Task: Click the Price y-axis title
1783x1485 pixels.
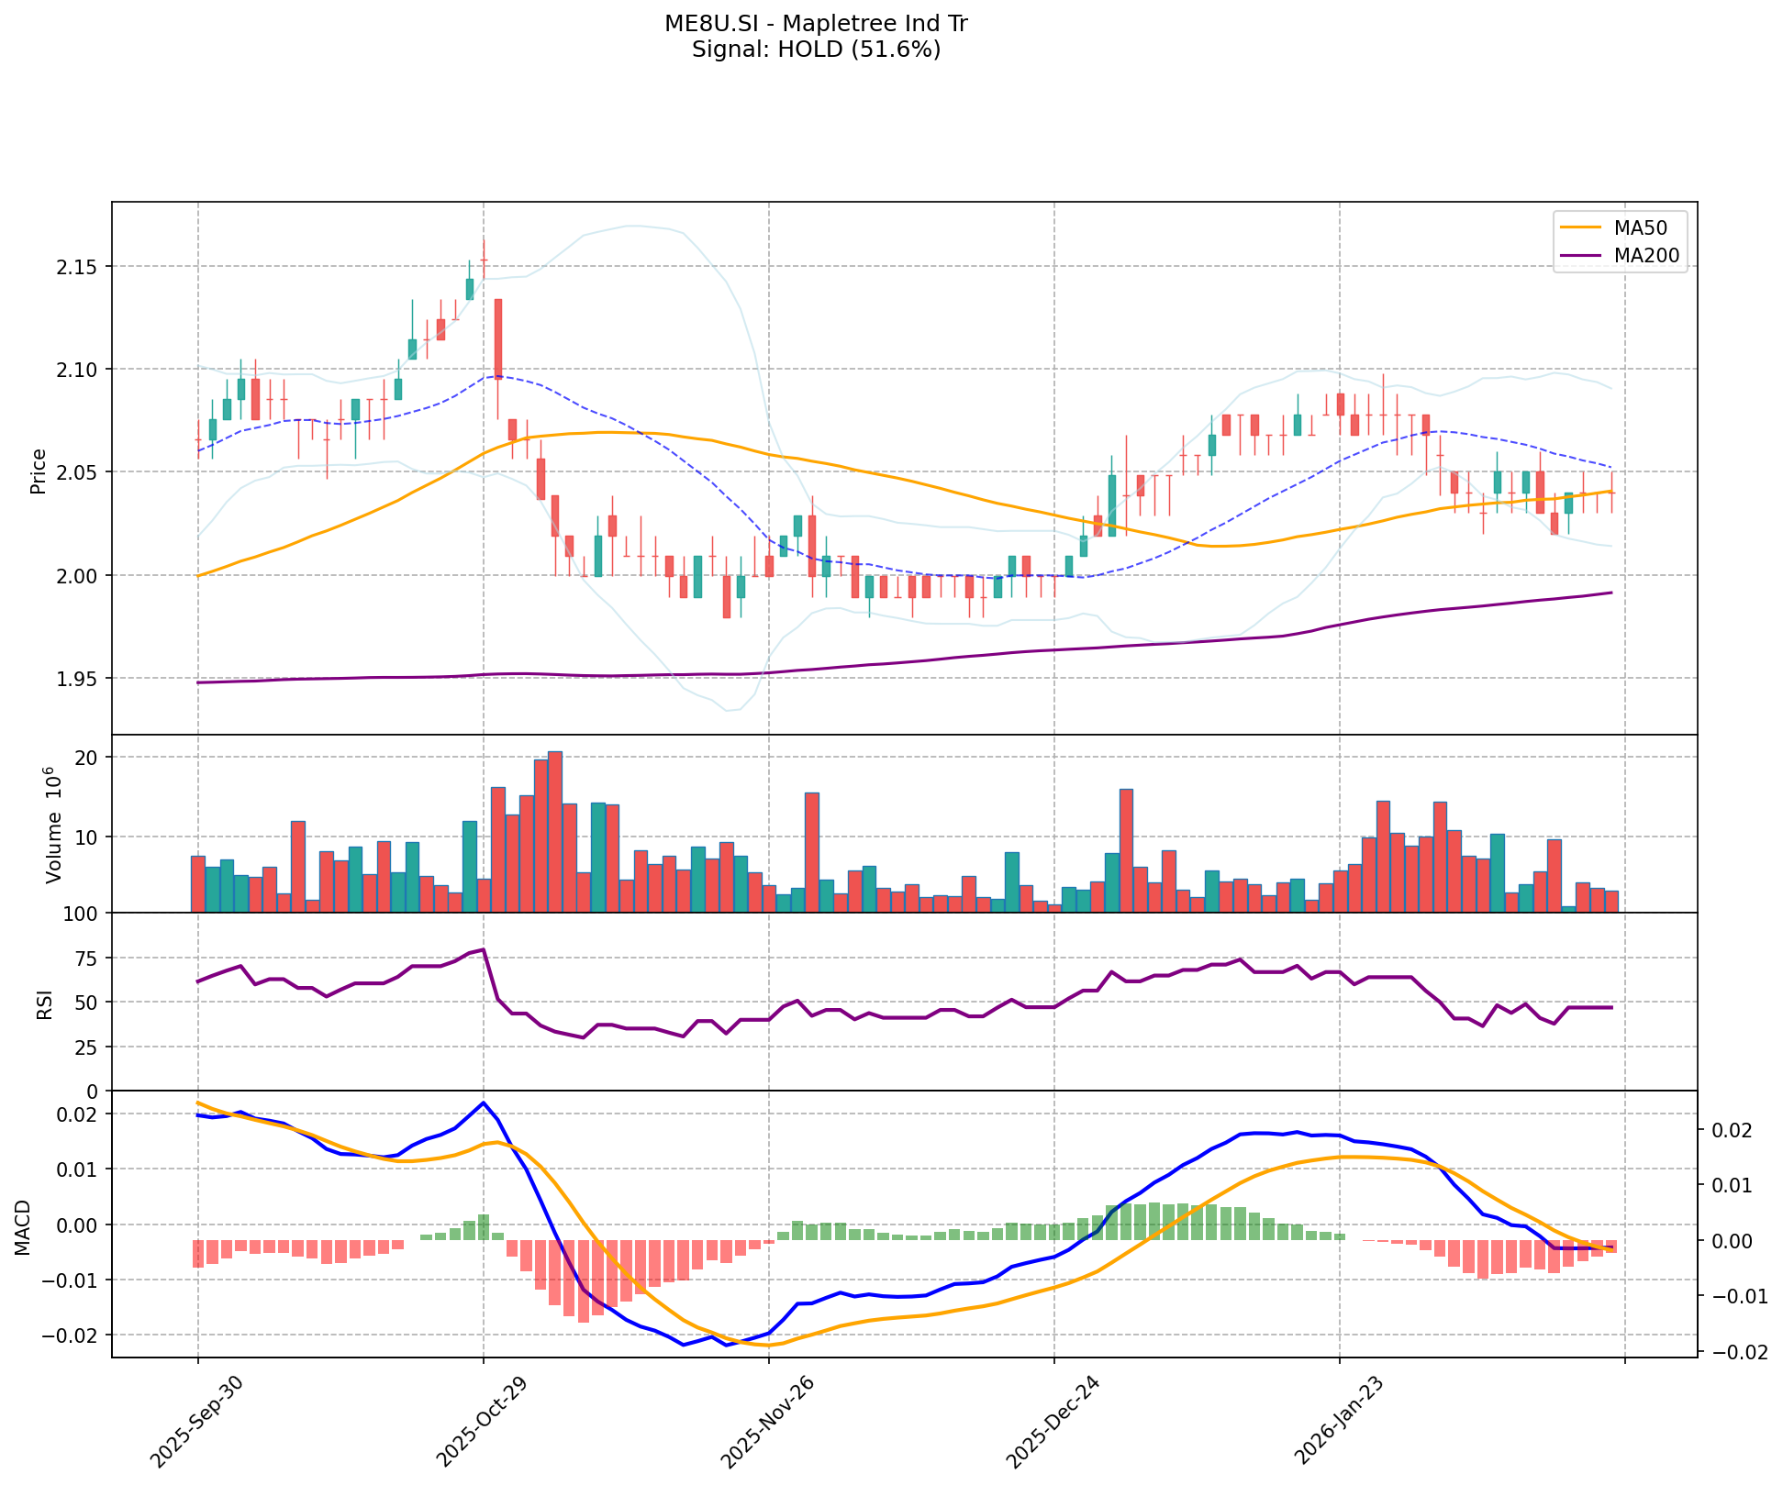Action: (39, 471)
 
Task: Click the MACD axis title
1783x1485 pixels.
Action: (23, 1226)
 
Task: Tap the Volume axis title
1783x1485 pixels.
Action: (52, 825)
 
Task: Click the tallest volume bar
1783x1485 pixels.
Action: (555, 832)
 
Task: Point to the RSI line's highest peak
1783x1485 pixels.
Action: (484, 950)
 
